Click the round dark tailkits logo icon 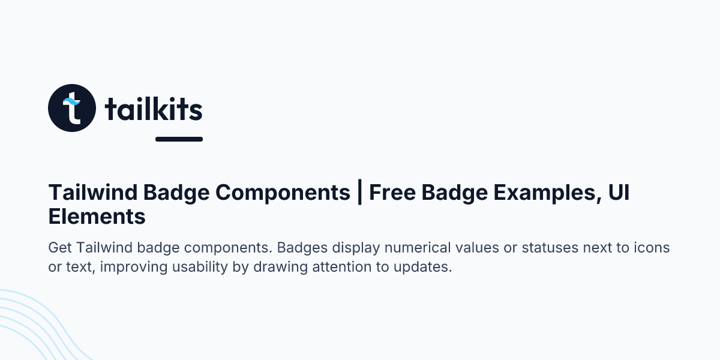(71, 108)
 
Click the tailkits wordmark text (154, 109)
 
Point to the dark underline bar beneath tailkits (179, 139)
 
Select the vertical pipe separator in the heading (359, 193)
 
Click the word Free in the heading (392, 193)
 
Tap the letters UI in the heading (618, 193)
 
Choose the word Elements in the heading (97, 216)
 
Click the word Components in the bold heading (283, 193)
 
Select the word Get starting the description (60, 248)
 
